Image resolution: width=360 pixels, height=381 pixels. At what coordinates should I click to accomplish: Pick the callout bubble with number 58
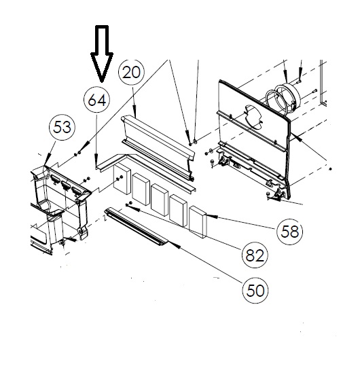[290, 231]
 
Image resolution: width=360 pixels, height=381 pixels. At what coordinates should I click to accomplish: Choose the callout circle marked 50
[256, 291]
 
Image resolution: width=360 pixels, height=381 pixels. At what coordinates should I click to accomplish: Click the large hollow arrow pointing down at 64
[103, 52]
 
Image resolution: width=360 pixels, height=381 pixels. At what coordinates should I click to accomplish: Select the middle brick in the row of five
[160, 198]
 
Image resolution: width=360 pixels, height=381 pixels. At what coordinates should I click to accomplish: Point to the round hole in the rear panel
[255, 117]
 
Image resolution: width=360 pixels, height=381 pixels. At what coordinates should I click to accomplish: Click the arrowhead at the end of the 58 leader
[203, 215]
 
